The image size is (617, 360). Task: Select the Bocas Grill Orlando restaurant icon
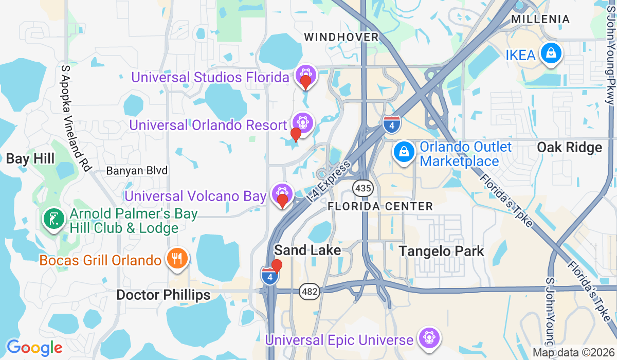(177, 258)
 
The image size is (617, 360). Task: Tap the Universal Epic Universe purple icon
(428, 338)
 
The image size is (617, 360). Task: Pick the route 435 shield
(363, 188)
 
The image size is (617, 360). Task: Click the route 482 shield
(311, 292)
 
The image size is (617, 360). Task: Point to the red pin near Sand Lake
(277, 265)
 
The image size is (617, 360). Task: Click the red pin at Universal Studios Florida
(306, 82)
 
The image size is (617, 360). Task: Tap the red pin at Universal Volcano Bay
(282, 201)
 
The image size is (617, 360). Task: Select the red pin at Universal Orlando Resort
(296, 134)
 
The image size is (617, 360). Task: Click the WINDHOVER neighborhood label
(341, 37)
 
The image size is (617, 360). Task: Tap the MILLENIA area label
(540, 20)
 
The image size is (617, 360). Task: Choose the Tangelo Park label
(442, 251)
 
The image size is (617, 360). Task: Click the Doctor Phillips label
(164, 295)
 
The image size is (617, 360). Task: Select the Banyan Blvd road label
(137, 170)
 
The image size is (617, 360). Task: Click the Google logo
(34, 348)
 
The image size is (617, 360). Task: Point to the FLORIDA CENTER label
(380, 206)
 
